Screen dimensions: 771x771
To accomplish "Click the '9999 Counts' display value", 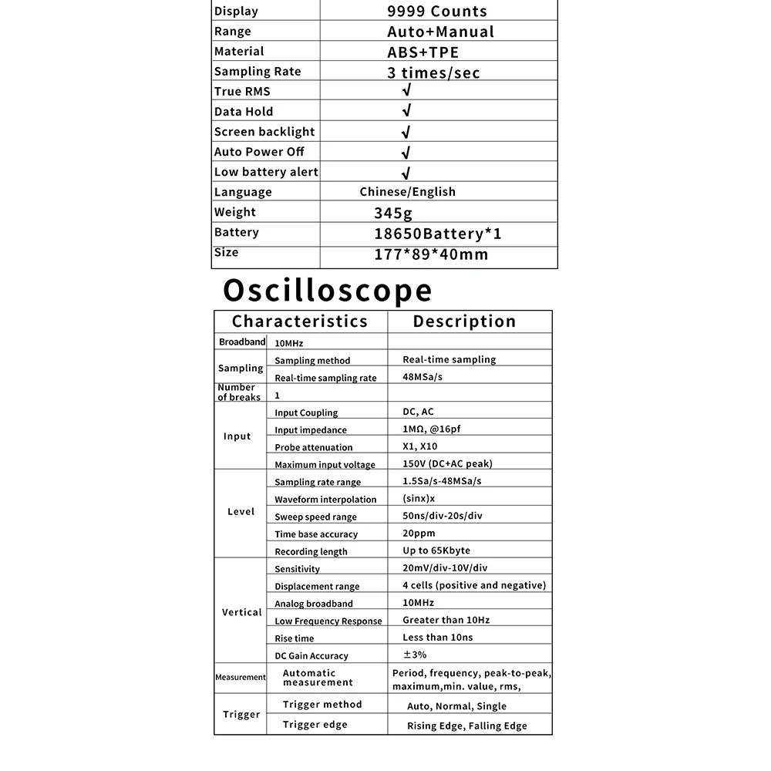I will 436,12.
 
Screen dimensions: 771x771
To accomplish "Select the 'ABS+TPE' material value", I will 423,52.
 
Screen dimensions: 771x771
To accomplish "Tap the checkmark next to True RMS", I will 406,91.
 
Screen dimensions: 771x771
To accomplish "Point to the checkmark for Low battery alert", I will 406,173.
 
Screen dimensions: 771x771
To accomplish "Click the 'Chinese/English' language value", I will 407,192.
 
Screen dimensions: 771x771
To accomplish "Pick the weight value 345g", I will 394,213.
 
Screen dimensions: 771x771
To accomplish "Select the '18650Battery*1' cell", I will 437,234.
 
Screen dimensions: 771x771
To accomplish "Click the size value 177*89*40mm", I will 431,254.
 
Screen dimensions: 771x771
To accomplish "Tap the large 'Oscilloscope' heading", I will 328,291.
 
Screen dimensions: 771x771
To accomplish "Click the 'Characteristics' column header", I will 300,322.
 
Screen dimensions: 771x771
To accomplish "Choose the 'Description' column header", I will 464,322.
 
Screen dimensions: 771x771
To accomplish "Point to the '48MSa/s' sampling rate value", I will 423,377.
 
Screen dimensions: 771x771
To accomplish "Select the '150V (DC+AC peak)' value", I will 447,463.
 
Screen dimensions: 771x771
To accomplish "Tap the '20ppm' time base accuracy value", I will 419,533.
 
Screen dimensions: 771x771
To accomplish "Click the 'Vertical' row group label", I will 241,612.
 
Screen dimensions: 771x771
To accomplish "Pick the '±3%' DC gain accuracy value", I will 414,655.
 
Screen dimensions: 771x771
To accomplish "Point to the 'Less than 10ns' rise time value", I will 437,638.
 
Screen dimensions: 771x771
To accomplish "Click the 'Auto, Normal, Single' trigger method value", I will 456,706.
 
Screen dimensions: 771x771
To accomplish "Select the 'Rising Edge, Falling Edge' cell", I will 466,726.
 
